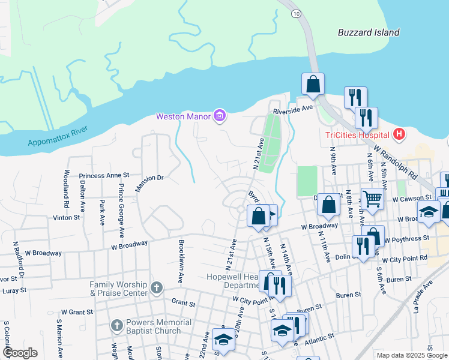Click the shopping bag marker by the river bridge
pos(313,85)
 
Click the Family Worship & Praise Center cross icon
pos(156,288)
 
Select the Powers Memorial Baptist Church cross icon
pos(118,326)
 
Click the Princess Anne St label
pos(104,175)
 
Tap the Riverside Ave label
pos(294,110)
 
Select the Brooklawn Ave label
pos(181,262)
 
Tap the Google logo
pos(19,353)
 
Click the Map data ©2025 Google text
pos(411,355)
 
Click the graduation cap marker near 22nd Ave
pos(223,338)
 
